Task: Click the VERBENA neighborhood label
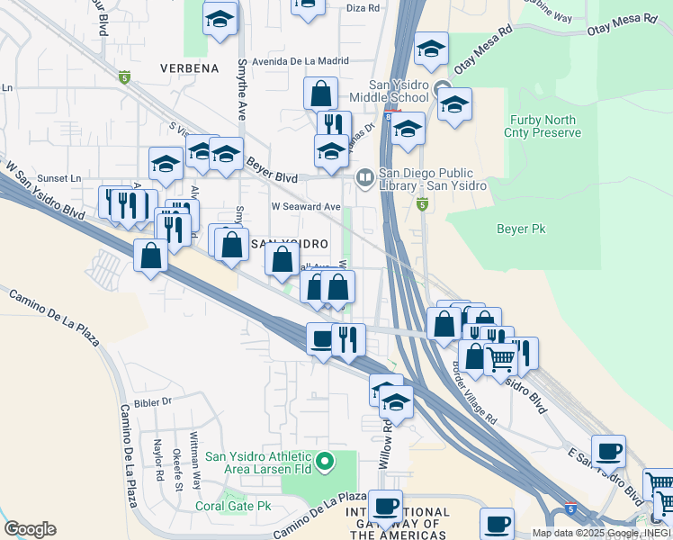[189, 68]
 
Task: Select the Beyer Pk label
[521, 229]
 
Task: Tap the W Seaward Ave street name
[306, 206]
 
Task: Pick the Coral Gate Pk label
[234, 506]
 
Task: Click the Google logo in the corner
[30, 529]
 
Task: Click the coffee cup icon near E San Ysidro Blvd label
[609, 449]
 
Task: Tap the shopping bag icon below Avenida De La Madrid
[320, 93]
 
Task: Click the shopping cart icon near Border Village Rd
[501, 359]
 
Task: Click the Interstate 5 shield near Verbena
[124, 77]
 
